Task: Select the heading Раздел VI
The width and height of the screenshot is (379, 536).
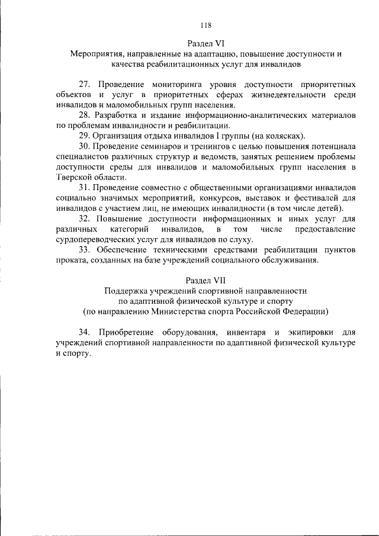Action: [x=205, y=44]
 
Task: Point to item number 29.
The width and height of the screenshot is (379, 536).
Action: [x=84, y=135]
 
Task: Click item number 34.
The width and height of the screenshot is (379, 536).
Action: [x=85, y=332]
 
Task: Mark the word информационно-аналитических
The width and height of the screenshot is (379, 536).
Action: [x=233, y=115]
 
